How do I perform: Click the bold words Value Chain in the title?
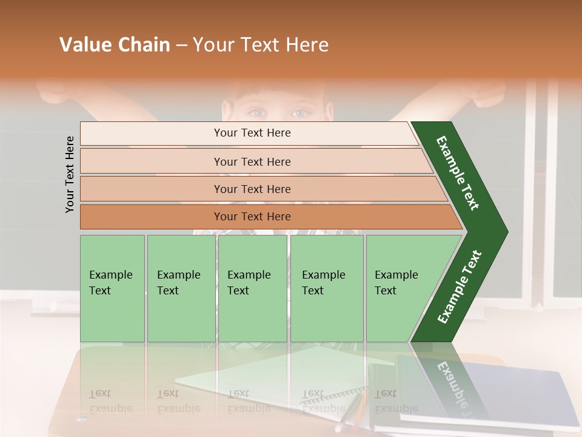tap(115, 45)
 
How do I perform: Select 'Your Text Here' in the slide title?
tap(261, 45)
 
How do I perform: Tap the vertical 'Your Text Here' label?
tap(70, 174)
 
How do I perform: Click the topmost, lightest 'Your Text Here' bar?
tap(252, 133)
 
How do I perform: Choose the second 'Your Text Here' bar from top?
tap(252, 161)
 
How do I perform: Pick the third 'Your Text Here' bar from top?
tap(252, 189)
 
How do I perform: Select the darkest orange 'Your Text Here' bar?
tap(252, 217)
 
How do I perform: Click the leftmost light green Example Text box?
tap(112, 288)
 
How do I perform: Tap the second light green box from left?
tap(181, 288)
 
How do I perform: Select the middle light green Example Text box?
tap(252, 288)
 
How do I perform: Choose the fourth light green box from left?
tap(327, 288)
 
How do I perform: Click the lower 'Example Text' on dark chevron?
tap(460, 286)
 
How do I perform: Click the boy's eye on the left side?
tap(257, 112)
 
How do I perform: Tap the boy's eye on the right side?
tap(299, 113)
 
